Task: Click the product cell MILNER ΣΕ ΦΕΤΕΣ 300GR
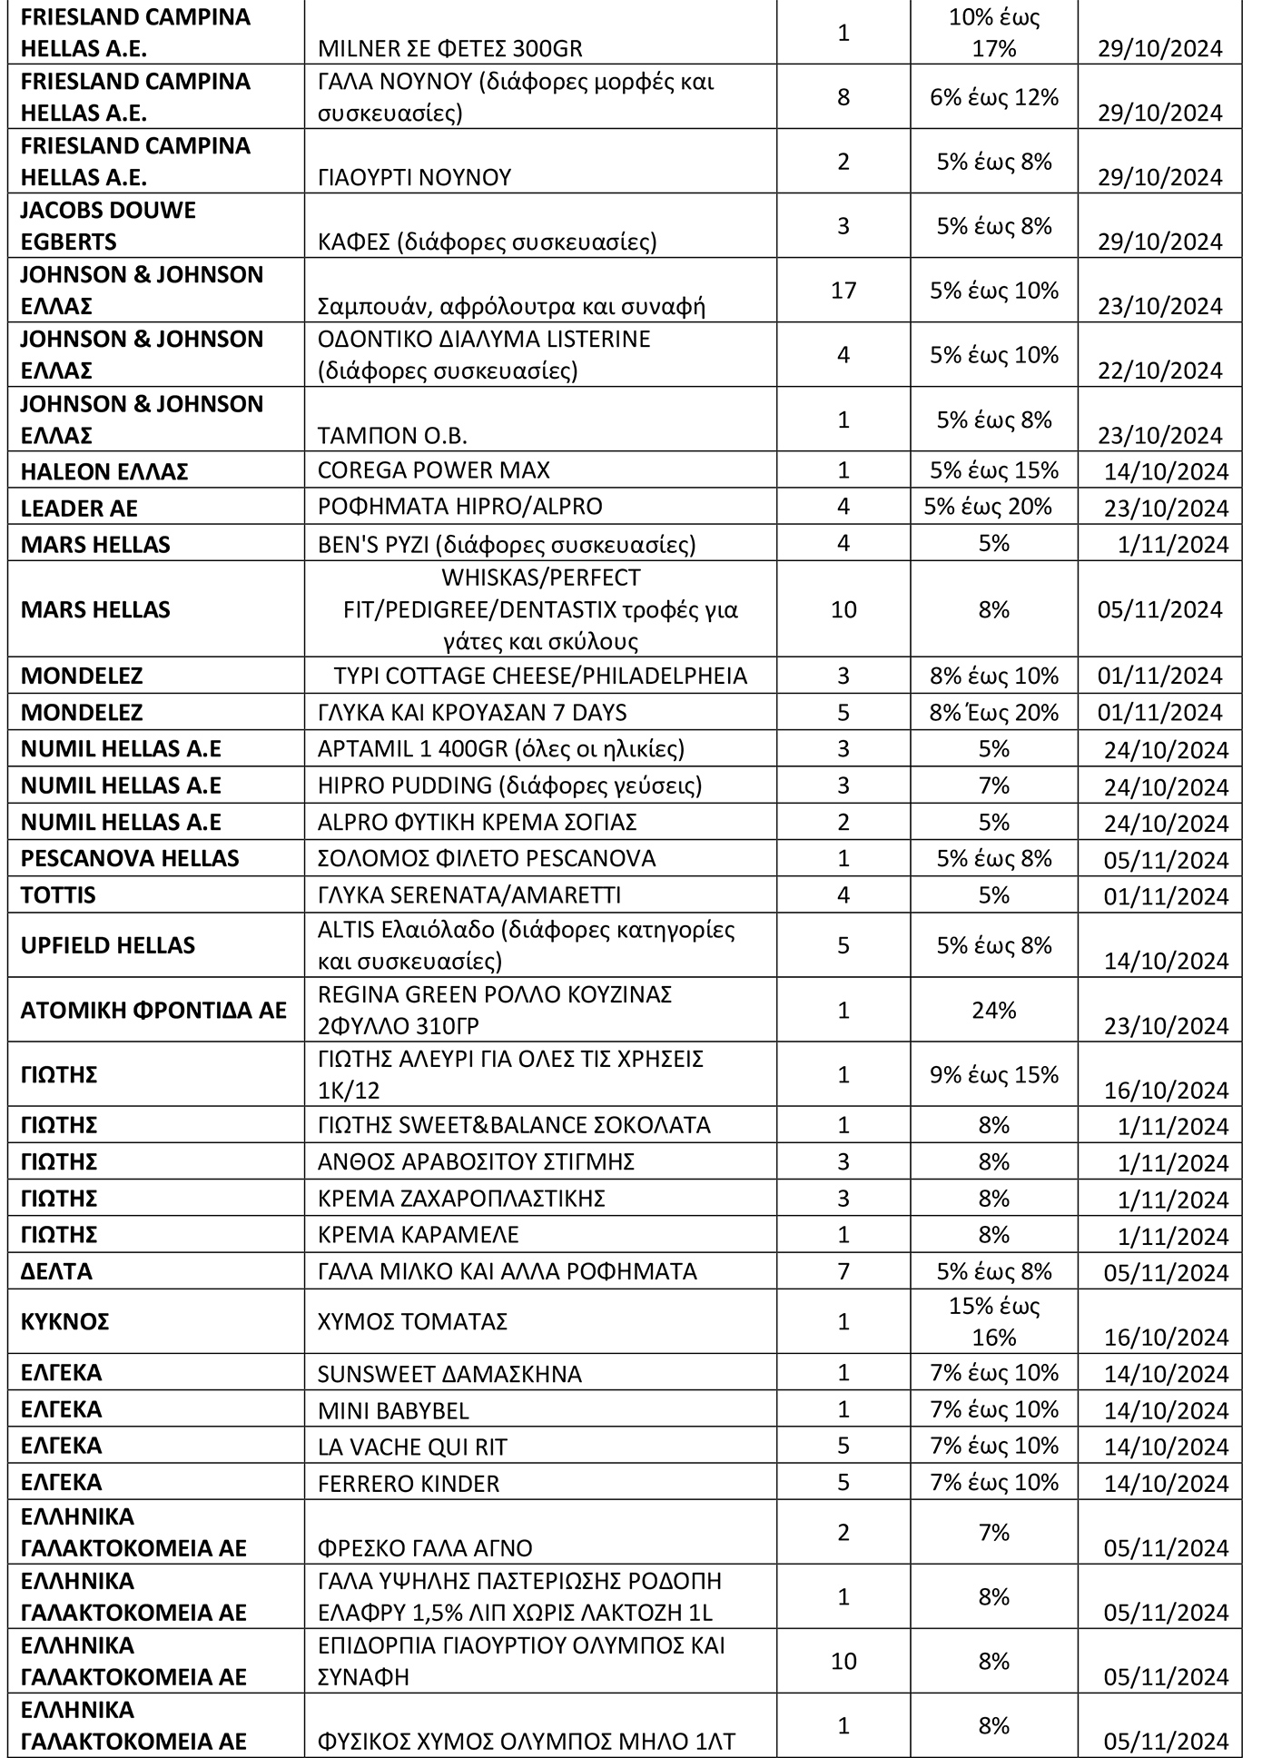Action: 450,48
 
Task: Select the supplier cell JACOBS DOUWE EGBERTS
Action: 109,225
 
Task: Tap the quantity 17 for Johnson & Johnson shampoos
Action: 843,291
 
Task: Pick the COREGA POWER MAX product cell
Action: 434,470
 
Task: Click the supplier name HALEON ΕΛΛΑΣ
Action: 104,471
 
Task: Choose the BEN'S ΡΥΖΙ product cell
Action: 507,544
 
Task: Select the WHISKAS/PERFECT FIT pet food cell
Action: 541,609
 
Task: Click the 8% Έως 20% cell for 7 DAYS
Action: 994,712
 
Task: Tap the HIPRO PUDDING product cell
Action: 509,785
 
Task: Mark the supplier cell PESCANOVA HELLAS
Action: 130,858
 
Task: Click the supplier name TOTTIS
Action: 58,895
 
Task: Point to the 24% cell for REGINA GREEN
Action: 994,1010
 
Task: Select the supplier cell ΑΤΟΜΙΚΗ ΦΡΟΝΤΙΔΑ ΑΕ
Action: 153,1010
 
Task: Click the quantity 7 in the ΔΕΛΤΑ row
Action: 843,1271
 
